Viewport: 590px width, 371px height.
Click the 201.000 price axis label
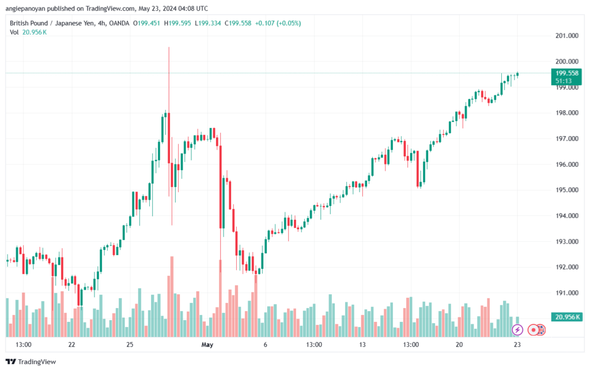[x=567, y=36]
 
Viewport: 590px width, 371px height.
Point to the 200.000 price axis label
[x=567, y=61]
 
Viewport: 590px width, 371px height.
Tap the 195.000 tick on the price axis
[x=567, y=190]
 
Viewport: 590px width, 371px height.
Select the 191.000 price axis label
[x=567, y=293]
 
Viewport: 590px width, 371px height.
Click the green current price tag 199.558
[x=566, y=73]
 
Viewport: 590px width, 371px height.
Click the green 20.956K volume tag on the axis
[x=567, y=317]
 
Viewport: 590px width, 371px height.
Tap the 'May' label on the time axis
[x=207, y=344]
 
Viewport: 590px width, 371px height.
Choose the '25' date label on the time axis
[x=130, y=344]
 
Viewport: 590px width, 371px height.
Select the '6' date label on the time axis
[x=265, y=344]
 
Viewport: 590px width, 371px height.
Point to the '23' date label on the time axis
[x=517, y=344]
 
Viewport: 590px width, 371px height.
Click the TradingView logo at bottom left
[x=31, y=362]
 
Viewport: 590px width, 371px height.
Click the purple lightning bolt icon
[x=517, y=330]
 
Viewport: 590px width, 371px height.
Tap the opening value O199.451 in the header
[x=146, y=23]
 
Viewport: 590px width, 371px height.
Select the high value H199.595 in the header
[x=177, y=23]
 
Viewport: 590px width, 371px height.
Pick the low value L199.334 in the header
[x=207, y=23]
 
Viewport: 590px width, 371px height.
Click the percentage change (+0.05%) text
[x=289, y=23]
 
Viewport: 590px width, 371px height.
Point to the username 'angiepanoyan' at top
[x=25, y=9]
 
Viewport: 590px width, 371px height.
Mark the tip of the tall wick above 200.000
[x=169, y=47]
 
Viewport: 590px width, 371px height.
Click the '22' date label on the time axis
[x=71, y=344]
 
